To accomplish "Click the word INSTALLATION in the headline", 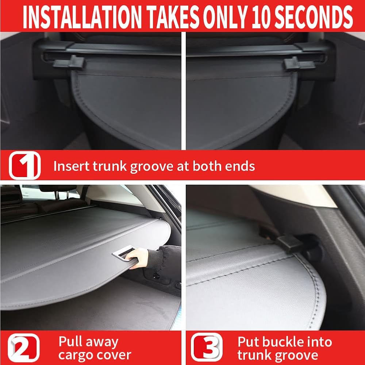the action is (x=82, y=17).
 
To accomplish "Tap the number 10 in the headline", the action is (x=261, y=17).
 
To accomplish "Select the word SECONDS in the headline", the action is (x=314, y=17).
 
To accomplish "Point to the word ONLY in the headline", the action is (x=224, y=17).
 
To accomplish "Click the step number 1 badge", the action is (x=25, y=165).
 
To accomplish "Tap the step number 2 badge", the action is (x=23, y=348).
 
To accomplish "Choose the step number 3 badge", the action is (x=207, y=347).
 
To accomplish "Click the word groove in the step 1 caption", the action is (x=151, y=167).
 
